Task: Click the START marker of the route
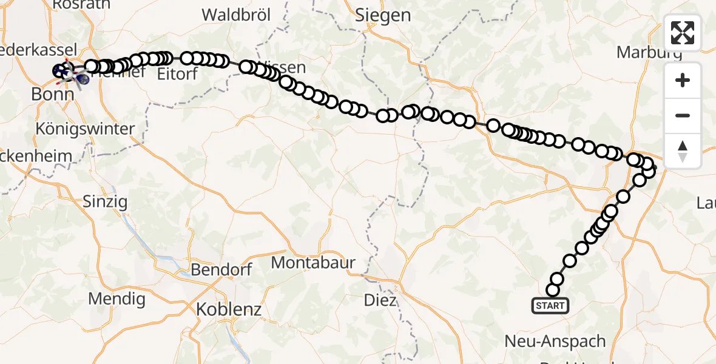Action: [550, 306]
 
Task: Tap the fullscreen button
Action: [683, 33]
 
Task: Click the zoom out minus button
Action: [683, 115]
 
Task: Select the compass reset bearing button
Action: [683, 150]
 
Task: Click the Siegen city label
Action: [383, 15]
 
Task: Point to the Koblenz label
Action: [229, 309]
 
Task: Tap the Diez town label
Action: [380, 300]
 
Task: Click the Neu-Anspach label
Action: [555, 342]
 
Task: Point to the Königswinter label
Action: [85, 129]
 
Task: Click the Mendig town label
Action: [117, 298]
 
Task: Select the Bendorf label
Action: [221, 270]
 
